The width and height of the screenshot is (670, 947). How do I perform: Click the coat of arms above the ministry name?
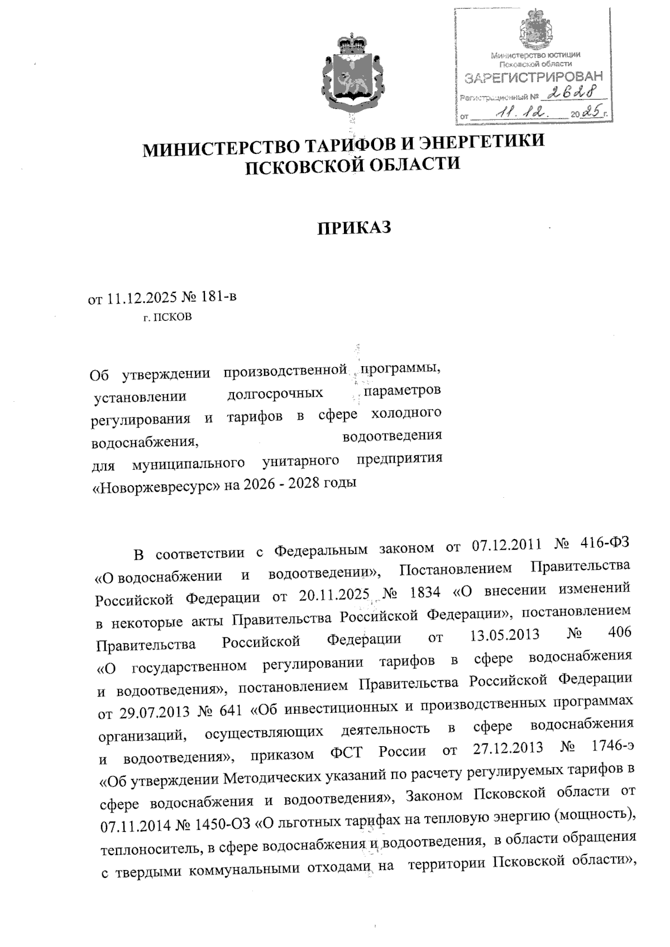[x=351, y=73]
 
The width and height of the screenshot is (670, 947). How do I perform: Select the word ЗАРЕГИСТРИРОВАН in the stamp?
[x=534, y=76]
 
